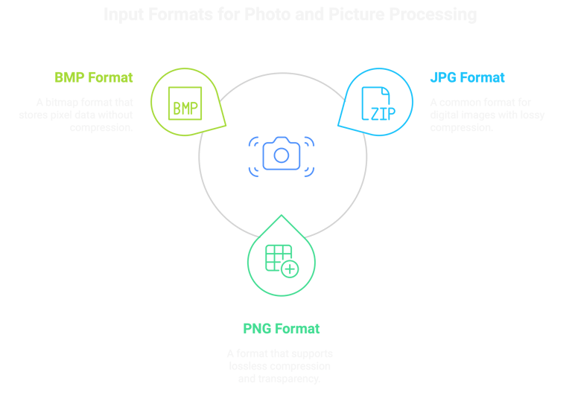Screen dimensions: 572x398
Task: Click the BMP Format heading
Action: click(93, 77)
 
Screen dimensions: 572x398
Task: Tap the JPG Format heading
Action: click(467, 77)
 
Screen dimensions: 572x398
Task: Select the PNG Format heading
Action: click(281, 329)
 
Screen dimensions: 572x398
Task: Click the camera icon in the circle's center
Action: click(281, 154)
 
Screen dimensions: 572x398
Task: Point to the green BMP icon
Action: click(185, 108)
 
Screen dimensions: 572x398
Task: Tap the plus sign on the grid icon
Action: click(290, 269)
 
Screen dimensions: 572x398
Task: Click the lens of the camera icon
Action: click(281, 155)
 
